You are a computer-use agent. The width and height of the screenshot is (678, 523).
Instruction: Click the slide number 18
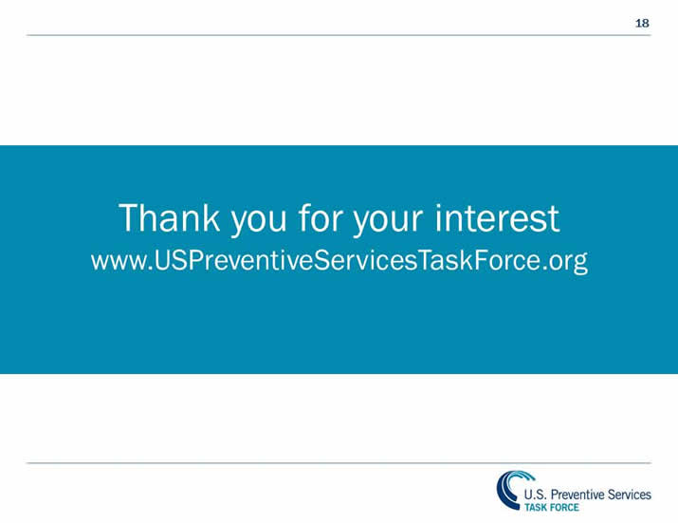click(x=642, y=23)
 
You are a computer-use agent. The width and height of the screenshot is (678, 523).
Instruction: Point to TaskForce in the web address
click(x=474, y=260)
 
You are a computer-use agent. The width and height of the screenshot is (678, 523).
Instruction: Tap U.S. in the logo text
click(x=537, y=495)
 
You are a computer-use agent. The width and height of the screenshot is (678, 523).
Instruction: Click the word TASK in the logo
click(x=537, y=507)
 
